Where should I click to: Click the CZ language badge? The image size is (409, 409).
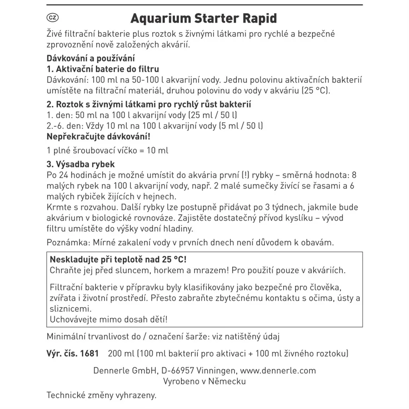coord(53,19)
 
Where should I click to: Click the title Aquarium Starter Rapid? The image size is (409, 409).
coord(204,19)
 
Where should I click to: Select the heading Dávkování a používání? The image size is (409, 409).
coord(91,59)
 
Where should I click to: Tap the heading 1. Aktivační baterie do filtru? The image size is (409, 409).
coord(103,70)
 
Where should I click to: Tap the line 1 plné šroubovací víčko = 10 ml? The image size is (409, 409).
coord(108,150)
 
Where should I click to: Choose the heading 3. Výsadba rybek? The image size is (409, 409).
coord(81,164)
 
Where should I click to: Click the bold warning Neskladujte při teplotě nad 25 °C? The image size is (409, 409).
coord(118,260)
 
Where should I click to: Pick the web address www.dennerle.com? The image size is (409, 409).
coord(278,370)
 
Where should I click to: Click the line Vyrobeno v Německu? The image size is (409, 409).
coord(204,381)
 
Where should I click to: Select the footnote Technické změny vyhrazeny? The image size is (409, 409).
coord(101,395)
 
